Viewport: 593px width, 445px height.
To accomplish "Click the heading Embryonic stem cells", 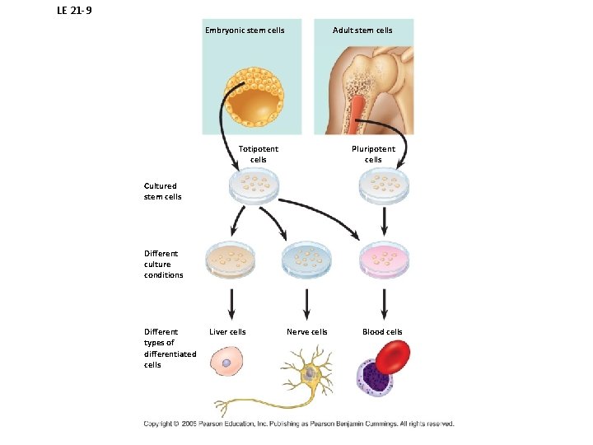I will pos(245,30).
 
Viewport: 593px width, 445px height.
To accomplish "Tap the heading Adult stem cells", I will pos(362,30).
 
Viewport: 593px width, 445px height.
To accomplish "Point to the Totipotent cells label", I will pos(259,154).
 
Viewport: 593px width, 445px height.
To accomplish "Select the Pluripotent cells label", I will pos(373,154).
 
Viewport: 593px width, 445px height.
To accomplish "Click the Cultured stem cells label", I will pos(162,191).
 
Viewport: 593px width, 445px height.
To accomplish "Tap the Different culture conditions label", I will pos(163,265).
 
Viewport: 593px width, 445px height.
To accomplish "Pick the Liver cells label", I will pos(227,332).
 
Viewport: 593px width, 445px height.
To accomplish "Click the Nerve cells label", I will pos(307,332).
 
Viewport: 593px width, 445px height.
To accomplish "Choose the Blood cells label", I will pos(383,332).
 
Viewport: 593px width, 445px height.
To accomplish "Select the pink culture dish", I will pos(384,259).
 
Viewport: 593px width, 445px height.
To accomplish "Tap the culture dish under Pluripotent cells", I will pos(385,186).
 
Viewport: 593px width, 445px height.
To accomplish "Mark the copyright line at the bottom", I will pos(299,424).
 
